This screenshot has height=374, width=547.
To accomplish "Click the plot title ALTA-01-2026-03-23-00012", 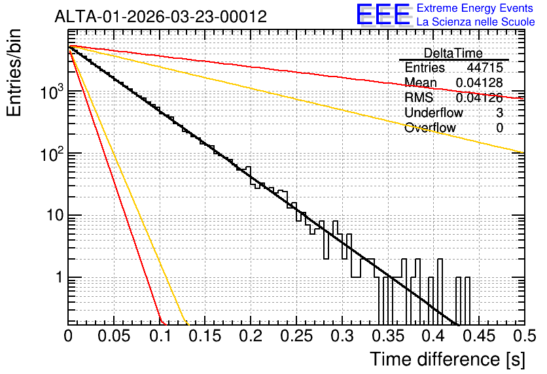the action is click(x=161, y=16).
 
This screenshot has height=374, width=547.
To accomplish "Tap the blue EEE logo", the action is click(x=383, y=15).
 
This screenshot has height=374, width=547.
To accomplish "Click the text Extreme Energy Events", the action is click(x=475, y=8).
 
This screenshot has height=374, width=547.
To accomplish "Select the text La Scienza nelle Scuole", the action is click(x=476, y=22).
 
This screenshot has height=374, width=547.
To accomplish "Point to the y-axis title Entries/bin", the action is click(x=14, y=73).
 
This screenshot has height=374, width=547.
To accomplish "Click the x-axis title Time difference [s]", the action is click(x=448, y=359).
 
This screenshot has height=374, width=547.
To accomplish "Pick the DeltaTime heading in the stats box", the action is click(x=453, y=53).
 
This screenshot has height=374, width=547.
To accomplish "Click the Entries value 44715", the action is click(x=485, y=67).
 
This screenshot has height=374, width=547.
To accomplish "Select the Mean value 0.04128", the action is click(x=480, y=82).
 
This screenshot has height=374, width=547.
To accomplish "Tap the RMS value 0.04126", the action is click(x=480, y=97).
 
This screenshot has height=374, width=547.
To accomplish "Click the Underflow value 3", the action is click(x=499, y=112).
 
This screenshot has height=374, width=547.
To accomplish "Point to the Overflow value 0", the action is click(x=499, y=128).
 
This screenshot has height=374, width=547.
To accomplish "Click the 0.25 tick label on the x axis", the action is click(x=296, y=336).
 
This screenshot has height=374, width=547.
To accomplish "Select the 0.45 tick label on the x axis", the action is click(x=479, y=336).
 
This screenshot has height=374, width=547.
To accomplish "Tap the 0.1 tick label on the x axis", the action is click(x=160, y=336).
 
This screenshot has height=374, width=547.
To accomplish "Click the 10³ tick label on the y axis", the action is click(x=52, y=92).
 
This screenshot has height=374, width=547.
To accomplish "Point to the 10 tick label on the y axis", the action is click(x=55, y=215).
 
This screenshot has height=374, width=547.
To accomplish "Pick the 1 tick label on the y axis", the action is click(x=60, y=277).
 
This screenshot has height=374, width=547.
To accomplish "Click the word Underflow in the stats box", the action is click(x=434, y=112).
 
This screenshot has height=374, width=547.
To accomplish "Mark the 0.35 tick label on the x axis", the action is click(x=388, y=336).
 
